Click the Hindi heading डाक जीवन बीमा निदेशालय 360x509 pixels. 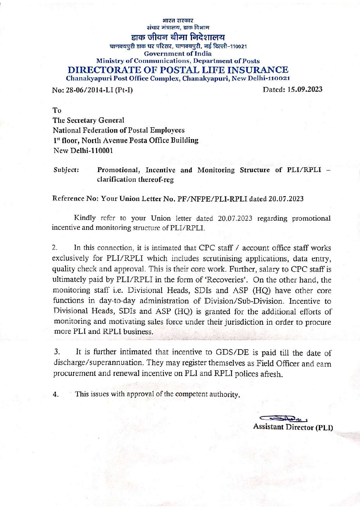178,37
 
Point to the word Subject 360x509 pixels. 66,170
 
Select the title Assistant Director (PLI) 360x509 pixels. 293,427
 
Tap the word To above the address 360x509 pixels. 57,110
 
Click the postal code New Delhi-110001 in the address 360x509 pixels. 83,150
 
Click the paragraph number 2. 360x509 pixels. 55,248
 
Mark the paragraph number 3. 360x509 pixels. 56,351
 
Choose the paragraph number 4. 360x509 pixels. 55,394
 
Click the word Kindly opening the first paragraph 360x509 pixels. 85,218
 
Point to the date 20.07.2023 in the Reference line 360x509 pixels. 286,199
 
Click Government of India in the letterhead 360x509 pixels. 178,53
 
